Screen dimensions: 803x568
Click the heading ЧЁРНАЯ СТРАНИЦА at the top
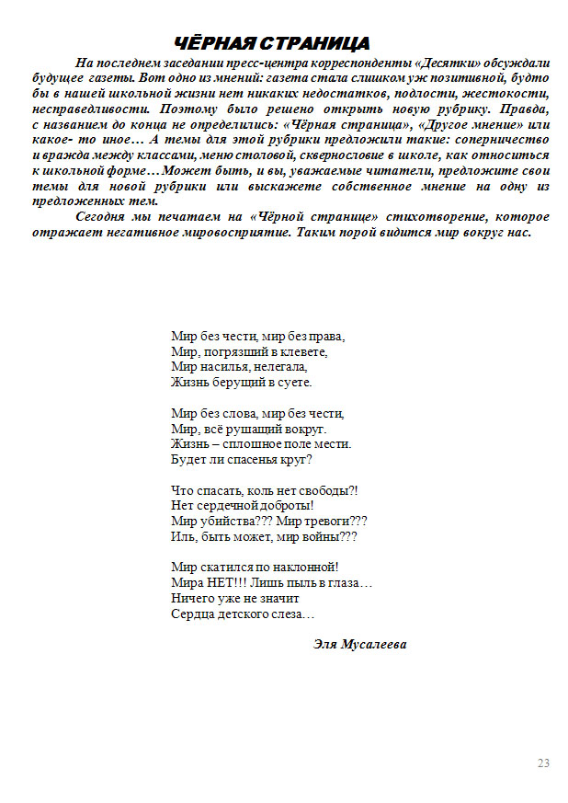pyautogui.click(x=272, y=43)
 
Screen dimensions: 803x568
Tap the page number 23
pyautogui.click(x=543, y=763)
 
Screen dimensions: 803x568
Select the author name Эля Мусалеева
pyautogui.click(x=359, y=644)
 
